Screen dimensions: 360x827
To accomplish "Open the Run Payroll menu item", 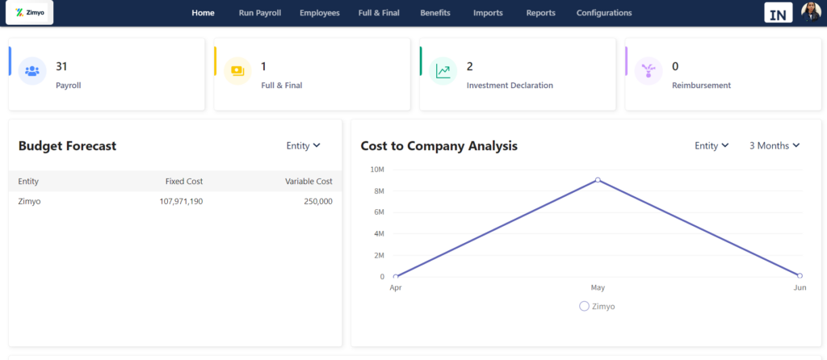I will pyautogui.click(x=260, y=13).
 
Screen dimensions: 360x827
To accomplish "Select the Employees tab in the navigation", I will pyautogui.click(x=320, y=13).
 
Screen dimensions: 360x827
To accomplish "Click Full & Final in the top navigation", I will pyautogui.click(x=380, y=13).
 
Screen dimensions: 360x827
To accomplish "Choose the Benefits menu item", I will pyautogui.click(x=435, y=13).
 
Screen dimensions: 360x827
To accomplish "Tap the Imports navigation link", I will pyautogui.click(x=488, y=13).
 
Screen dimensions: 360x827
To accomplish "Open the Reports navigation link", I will pyautogui.click(x=540, y=13).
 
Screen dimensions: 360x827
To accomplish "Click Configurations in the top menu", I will pyautogui.click(x=604, y=13).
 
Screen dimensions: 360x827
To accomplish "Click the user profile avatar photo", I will pyautogui.click(x=811, y=12).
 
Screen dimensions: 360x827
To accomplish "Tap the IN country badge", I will pyautogui.click(x=779, y=13).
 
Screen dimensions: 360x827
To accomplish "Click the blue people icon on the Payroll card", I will pyautogui.click(x=32, y=71).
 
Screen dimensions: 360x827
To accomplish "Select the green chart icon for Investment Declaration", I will pyautogui.click(x=443, y=71).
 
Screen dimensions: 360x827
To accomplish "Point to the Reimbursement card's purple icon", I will pyautogui.click(x=648, y=71).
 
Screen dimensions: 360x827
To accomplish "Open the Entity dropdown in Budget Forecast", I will pyautogui.click(x=303, y=145).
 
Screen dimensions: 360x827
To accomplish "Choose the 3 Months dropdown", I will pyautogui.click(x=774, y=145).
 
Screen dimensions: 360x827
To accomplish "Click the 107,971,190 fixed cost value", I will pyautogui.click(x=181, y=201).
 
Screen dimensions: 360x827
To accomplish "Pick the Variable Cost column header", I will pyautogui.click(x=309, y=182).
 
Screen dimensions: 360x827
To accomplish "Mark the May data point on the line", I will pyautogui.click(x=598, y=180).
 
